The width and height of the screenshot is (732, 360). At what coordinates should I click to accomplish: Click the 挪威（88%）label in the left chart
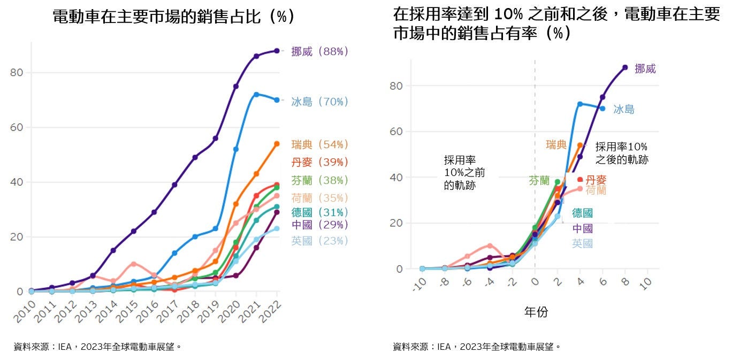319,51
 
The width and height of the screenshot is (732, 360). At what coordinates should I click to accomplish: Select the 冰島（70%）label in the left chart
319,102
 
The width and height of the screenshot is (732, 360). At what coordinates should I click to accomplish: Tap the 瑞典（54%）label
319,144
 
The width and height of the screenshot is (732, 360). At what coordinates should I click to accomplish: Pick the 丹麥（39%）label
319,162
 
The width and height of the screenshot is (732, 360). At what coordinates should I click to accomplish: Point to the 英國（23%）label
319,241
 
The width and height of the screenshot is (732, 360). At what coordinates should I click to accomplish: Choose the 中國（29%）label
319,225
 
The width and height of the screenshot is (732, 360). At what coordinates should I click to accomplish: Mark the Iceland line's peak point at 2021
256,94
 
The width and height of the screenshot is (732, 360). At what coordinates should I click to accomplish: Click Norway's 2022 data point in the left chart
277,51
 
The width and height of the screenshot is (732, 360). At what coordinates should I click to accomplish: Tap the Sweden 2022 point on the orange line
277,144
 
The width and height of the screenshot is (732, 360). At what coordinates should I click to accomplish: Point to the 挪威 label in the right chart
645,69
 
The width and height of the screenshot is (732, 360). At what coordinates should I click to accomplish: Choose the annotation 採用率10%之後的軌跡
622,153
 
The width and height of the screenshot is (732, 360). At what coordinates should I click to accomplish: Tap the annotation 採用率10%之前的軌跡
460,173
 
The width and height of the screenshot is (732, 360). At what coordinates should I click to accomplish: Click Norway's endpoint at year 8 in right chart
625,67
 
